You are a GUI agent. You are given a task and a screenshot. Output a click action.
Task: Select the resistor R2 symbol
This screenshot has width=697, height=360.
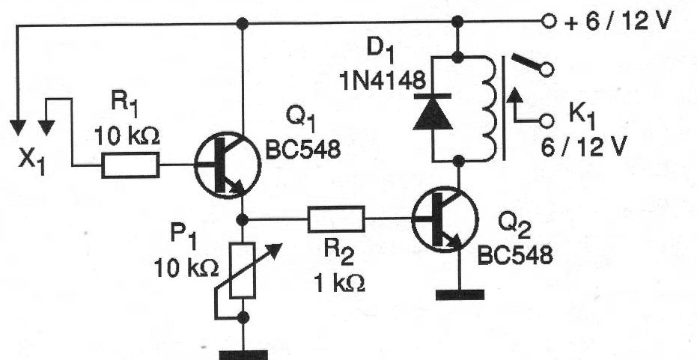(335, 219)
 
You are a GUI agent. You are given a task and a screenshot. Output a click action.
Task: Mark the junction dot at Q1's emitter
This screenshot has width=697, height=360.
(242, 219)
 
